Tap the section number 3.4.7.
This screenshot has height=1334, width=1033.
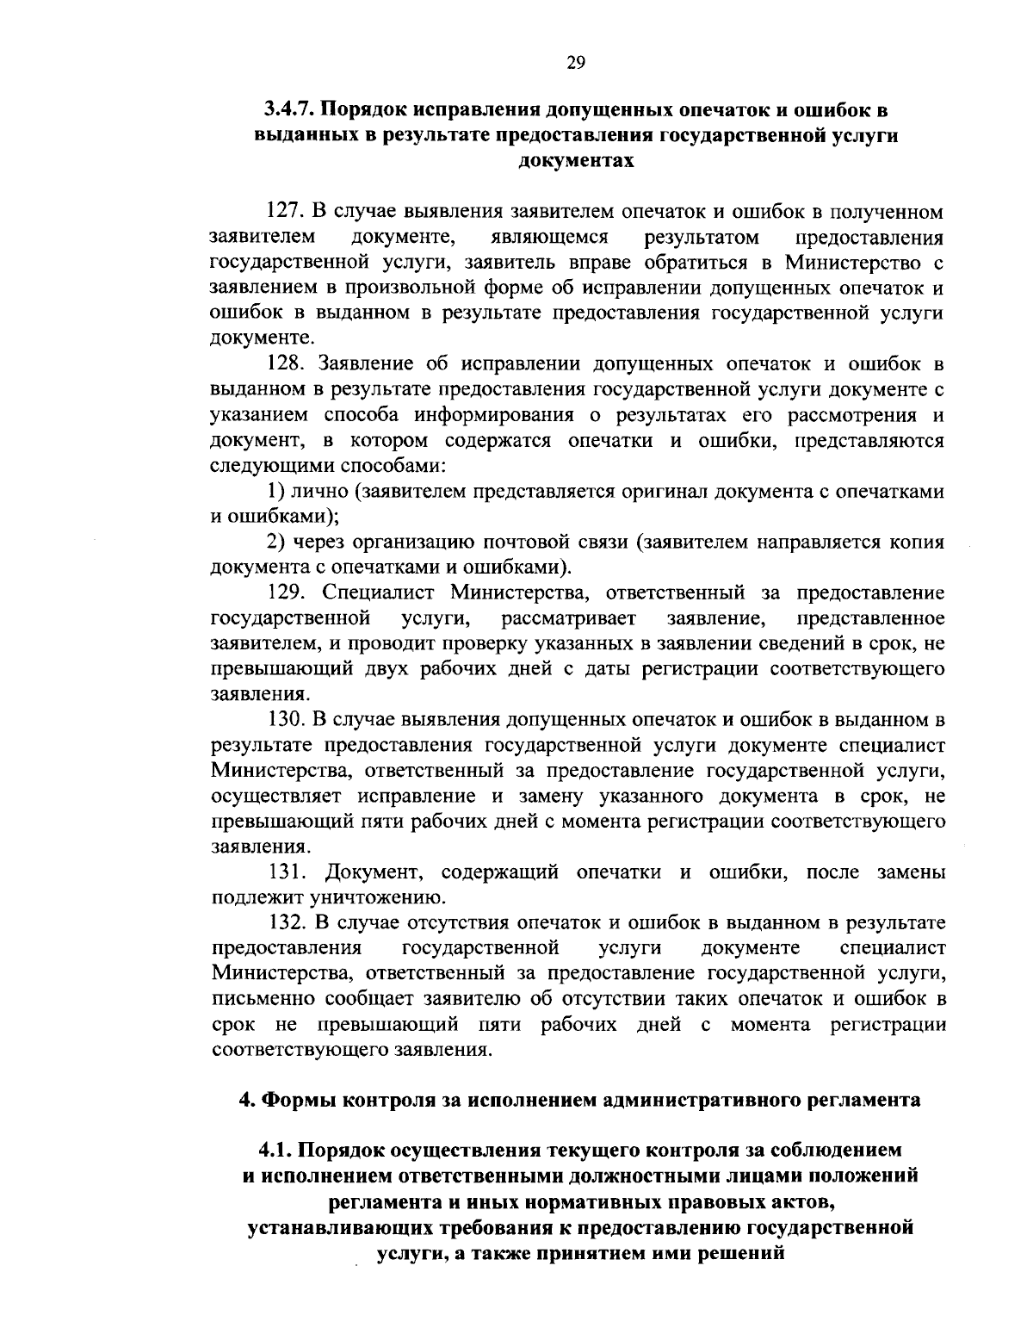pos(289,110)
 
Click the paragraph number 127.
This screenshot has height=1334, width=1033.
pos(283,212)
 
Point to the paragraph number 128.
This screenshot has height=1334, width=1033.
pos(283,364)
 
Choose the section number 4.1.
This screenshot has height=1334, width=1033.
pos(275,1151)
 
